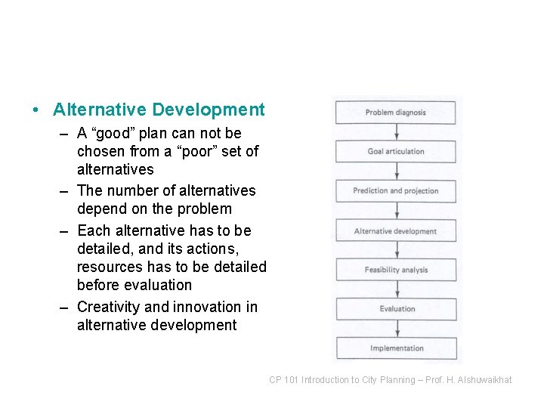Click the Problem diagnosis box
(396, 113)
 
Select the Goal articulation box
(396, 152)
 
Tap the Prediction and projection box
(396, 191)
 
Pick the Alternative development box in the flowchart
(396, 231)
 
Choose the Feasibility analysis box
(396, 270)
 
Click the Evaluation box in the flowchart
(396, 309)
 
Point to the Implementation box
(396, 348)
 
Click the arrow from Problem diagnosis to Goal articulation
(397, 132)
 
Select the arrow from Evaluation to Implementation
(397, 329)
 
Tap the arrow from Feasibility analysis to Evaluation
(397, 289)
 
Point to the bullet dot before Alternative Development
(36, 110)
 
